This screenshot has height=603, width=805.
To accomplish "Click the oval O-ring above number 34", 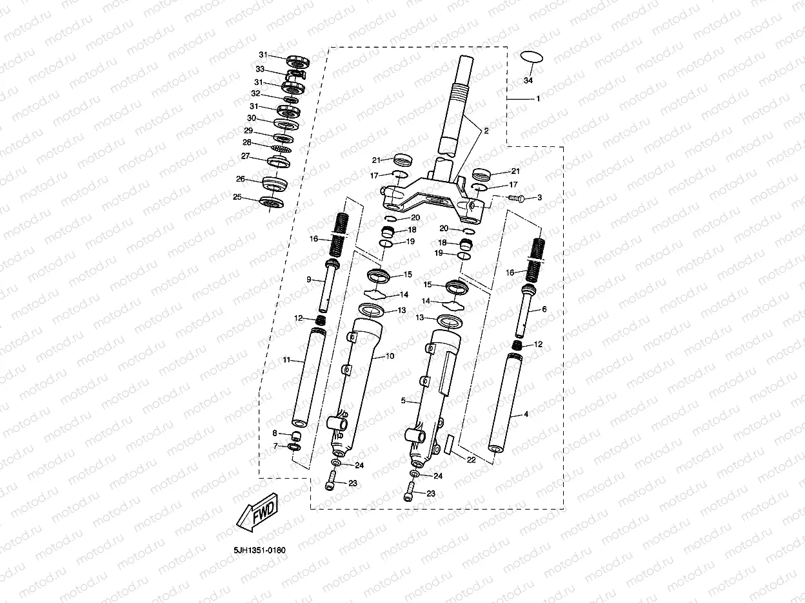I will click(x=532, y=57).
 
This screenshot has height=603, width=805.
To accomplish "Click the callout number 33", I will click(x=260, y=69).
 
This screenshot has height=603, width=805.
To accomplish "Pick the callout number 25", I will click(x=237, y=197).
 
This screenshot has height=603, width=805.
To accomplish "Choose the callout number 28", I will click(x=246, y=142).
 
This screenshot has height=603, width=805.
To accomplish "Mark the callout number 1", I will click(x=537, y=99).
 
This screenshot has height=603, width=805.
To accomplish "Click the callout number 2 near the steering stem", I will click(x=486, y=131).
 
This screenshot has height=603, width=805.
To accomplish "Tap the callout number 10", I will click(x=389, y=356).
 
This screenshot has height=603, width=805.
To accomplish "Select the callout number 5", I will click(x=403, y=400).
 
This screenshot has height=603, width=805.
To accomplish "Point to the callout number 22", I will click(x=471, y=459).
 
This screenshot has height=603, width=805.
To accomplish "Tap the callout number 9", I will click(x=308, y=279).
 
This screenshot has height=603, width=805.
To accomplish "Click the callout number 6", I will click(x=544, y=309).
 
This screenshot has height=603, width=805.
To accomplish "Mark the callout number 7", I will click(x=274, y=445).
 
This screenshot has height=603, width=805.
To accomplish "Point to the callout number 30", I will click(x=252, y=119).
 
